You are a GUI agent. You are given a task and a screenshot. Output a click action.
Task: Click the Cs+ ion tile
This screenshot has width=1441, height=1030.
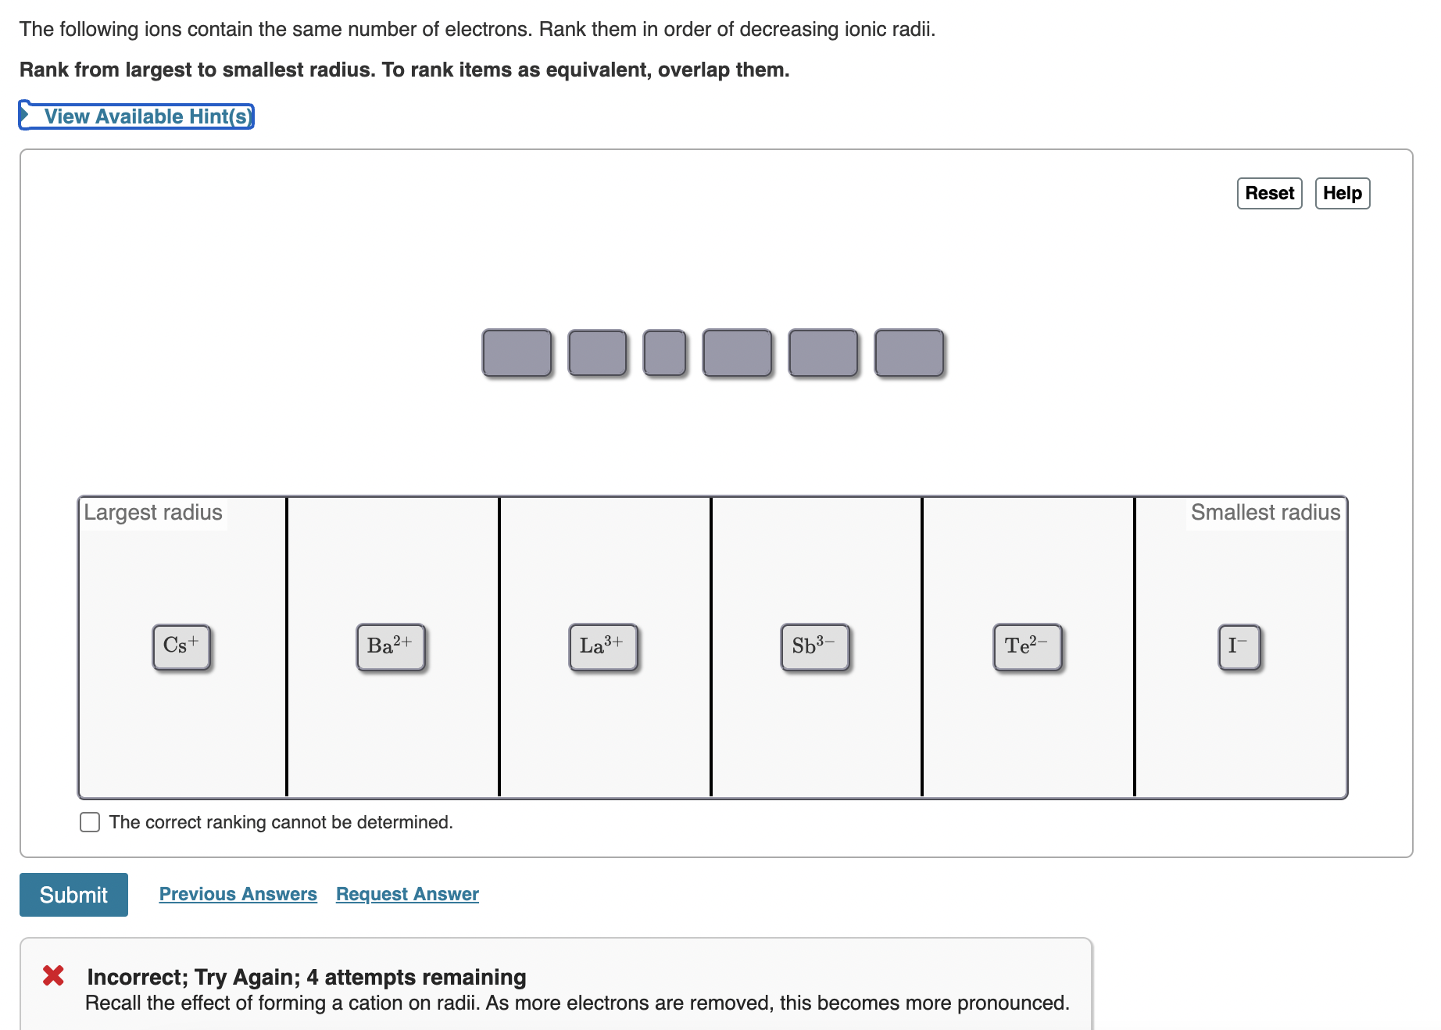[x=181, y=647]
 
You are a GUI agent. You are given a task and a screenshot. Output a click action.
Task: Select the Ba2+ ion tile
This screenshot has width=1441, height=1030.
[x=391, y=647]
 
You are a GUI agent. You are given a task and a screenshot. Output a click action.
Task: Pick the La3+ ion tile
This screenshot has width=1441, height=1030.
[x=603, y=647]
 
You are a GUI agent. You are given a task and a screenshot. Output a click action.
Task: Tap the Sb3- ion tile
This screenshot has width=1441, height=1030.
[x=815, y=647]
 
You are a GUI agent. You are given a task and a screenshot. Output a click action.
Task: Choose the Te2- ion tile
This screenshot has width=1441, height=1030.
[x=1028, y=647]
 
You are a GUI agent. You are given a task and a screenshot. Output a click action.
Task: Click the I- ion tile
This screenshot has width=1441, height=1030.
[x=1239, y=647]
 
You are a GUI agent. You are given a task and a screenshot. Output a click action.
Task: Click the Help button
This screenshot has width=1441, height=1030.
[x=1343, y=193]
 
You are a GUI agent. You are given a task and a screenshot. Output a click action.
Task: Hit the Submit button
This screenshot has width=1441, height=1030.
[x=73, y=895]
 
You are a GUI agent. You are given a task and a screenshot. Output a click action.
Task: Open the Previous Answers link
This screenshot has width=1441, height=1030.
[x=238, y=894]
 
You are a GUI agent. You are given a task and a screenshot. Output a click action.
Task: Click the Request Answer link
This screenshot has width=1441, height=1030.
[x=407, y=894]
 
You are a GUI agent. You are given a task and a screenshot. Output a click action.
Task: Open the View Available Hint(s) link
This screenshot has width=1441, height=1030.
[x=148, y=116]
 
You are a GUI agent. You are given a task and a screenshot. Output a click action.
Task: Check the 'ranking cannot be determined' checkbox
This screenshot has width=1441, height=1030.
[x=90, y=822]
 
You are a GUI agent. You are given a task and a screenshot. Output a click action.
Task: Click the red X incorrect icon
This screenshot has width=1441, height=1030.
[x=53, y=975]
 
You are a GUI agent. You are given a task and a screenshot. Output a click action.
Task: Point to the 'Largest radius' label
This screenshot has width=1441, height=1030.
[x=153, y=513]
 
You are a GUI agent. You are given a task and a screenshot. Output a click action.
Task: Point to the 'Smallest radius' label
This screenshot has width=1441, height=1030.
[x=1266, y=513]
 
